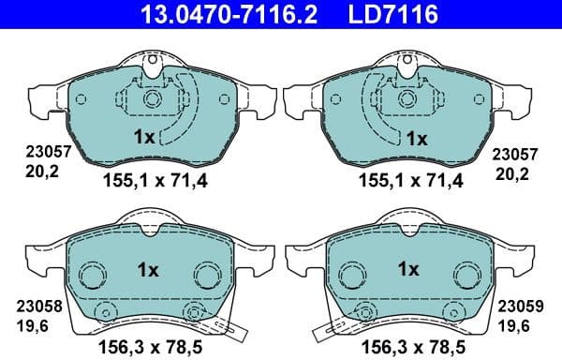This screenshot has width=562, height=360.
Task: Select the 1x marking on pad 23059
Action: (x=409, y=268)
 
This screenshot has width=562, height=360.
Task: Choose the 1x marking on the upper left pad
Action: (x=144, y=136)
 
